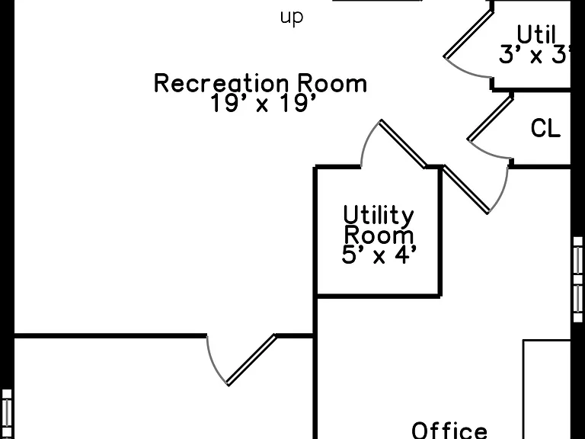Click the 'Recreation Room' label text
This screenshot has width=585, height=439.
[261, 83]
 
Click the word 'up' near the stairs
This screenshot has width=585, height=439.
[292, 18]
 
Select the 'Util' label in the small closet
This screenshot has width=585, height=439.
[536, 35]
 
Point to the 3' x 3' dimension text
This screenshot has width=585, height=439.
[535, 55]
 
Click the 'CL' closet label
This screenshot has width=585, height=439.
[545, 128]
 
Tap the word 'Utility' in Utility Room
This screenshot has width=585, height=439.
[379, 216]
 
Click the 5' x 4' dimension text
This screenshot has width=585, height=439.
[379, 255]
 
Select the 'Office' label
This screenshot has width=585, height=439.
[449, 430]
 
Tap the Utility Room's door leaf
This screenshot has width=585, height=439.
[403, 144]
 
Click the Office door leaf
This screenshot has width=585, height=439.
[465, 190]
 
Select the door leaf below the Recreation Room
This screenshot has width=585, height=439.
[252, 360]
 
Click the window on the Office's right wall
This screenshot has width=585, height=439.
[577, 279]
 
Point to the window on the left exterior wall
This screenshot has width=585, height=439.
[6, 414]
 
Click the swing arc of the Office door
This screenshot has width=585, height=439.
[502, 191]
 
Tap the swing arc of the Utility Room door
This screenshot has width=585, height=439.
[366, 140]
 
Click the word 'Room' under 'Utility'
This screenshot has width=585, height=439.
[379, 236]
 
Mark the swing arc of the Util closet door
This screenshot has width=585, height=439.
[465, 72]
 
